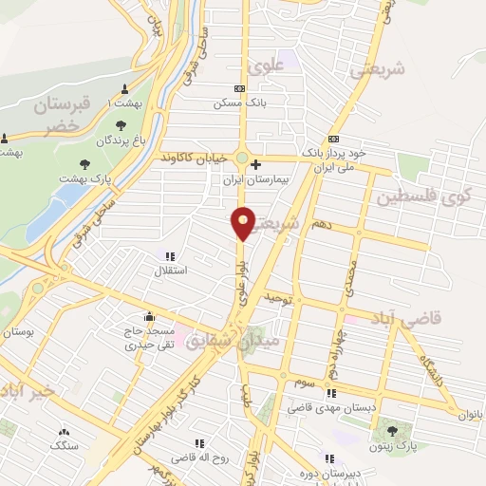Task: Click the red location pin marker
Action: click(x=244, y=222)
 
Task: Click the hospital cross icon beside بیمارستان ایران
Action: click(x=255, y=164)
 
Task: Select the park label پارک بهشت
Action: click(x=94, y=178)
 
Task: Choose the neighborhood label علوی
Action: click(x=266, y=67)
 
